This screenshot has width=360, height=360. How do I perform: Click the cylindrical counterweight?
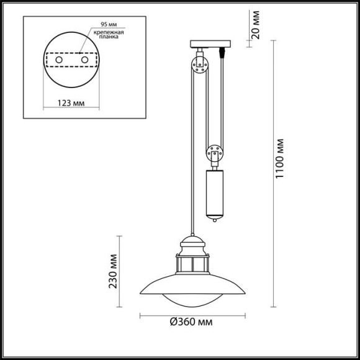click(214, 192)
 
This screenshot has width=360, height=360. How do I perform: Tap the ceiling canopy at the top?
click(210, 43)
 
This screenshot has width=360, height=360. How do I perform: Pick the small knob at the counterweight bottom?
click(214, 219)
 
